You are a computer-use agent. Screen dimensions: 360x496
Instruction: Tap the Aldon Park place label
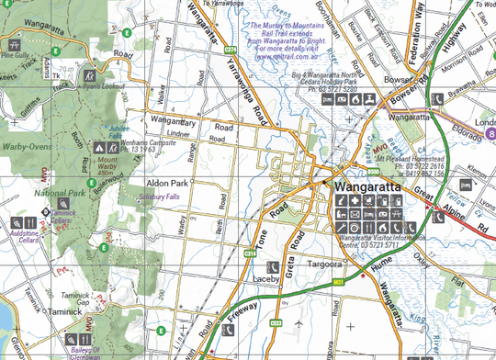coord(166,184)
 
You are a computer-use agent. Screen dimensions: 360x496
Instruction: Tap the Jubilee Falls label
coord(118,133)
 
